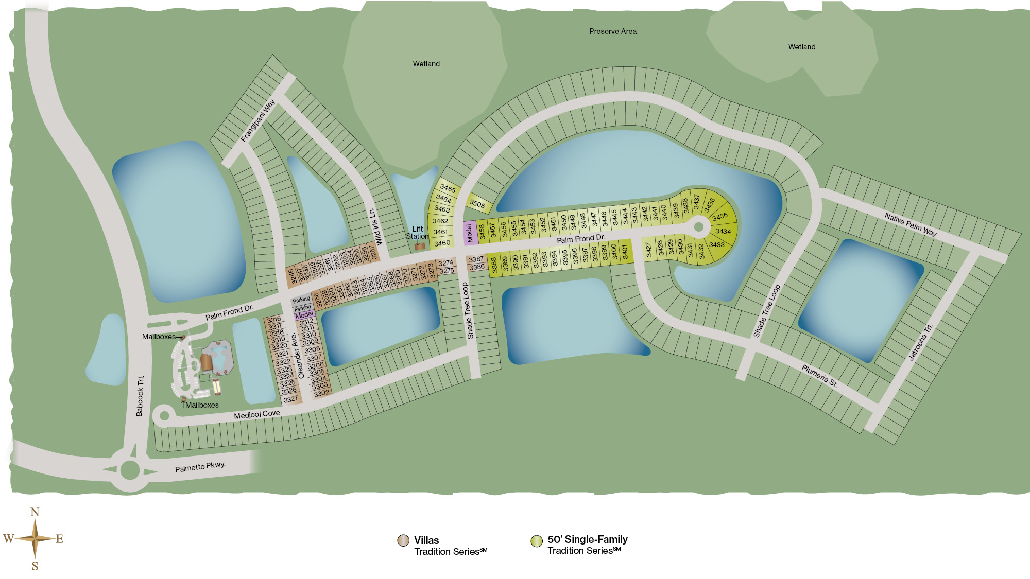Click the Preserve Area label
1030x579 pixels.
pyautogui.click(x=612, y=31)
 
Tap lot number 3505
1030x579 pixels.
pyautogui.click(x=477, y=204)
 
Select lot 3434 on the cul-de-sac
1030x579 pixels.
pyautogui.click(x=723, y=231)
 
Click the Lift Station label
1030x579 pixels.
pyautogui.click(x=417, y=233)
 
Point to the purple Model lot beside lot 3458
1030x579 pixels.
pyautogui.click(x=469, y=233)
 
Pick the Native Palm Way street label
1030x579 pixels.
pyautogui.click(x=910, y=224)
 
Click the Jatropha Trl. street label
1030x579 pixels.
pyautogui.click(x=920, y=342)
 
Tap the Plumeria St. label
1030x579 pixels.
pyautogui.click(x=819, y=376)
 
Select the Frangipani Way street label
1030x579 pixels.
pyautogui.click(x=258, y=120)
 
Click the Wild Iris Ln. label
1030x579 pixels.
pyautogui.click(x=375, y=226)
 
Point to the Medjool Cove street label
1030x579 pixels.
pyautogui.click(x=256, y=414)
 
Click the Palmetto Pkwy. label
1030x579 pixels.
pyautogui.click(x=200, y=467)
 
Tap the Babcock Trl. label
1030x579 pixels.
pyautogui.click(x=140, y=396)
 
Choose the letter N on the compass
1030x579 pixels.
pyautogui.click(x=35, y=512)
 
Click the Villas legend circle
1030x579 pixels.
pyautogui.click(x=403, y=540)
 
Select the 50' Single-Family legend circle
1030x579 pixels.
pyautogui.click(x=537, y=540)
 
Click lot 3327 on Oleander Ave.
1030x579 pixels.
pyautogui.click(x=290, y=399)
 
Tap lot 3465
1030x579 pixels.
pyautogui.click(x=448, y=188)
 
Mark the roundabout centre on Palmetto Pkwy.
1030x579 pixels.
pyautogui.click(x=130, y=469)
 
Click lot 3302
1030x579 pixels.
pyautogui.click(x=321, y=393)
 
